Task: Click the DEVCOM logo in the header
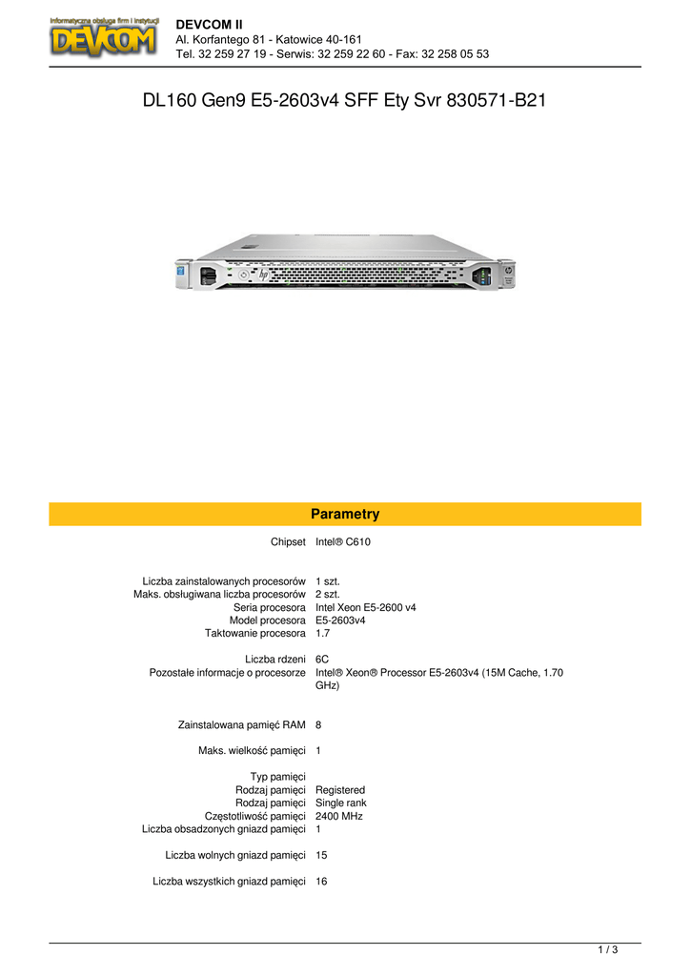(x=104, y=37)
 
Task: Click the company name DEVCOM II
(x=209, y=25)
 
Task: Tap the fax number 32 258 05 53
(x=455, y=54)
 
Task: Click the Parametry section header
(x=345, y=514)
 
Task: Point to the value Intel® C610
(x=343, y=542)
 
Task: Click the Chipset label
(x=288, y=542)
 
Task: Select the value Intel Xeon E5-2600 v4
(x=365, y=607)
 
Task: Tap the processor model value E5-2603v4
(x=340, y=620)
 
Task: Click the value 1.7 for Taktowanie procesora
(x=322, y=634)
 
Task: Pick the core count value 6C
(x=322, y=660)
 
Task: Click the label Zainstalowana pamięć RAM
(x=241, y=725)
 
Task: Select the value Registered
(x=340, y=790)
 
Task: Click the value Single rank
(x=341, y=803)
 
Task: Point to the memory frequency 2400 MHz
(x=339, y=816)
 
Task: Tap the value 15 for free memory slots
(x=321, y=855)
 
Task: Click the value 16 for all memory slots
(x=321, y=882)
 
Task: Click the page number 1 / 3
(x=608, y=950)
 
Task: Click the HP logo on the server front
(x=264, y=274)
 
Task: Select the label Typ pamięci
(x=278, y=777)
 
